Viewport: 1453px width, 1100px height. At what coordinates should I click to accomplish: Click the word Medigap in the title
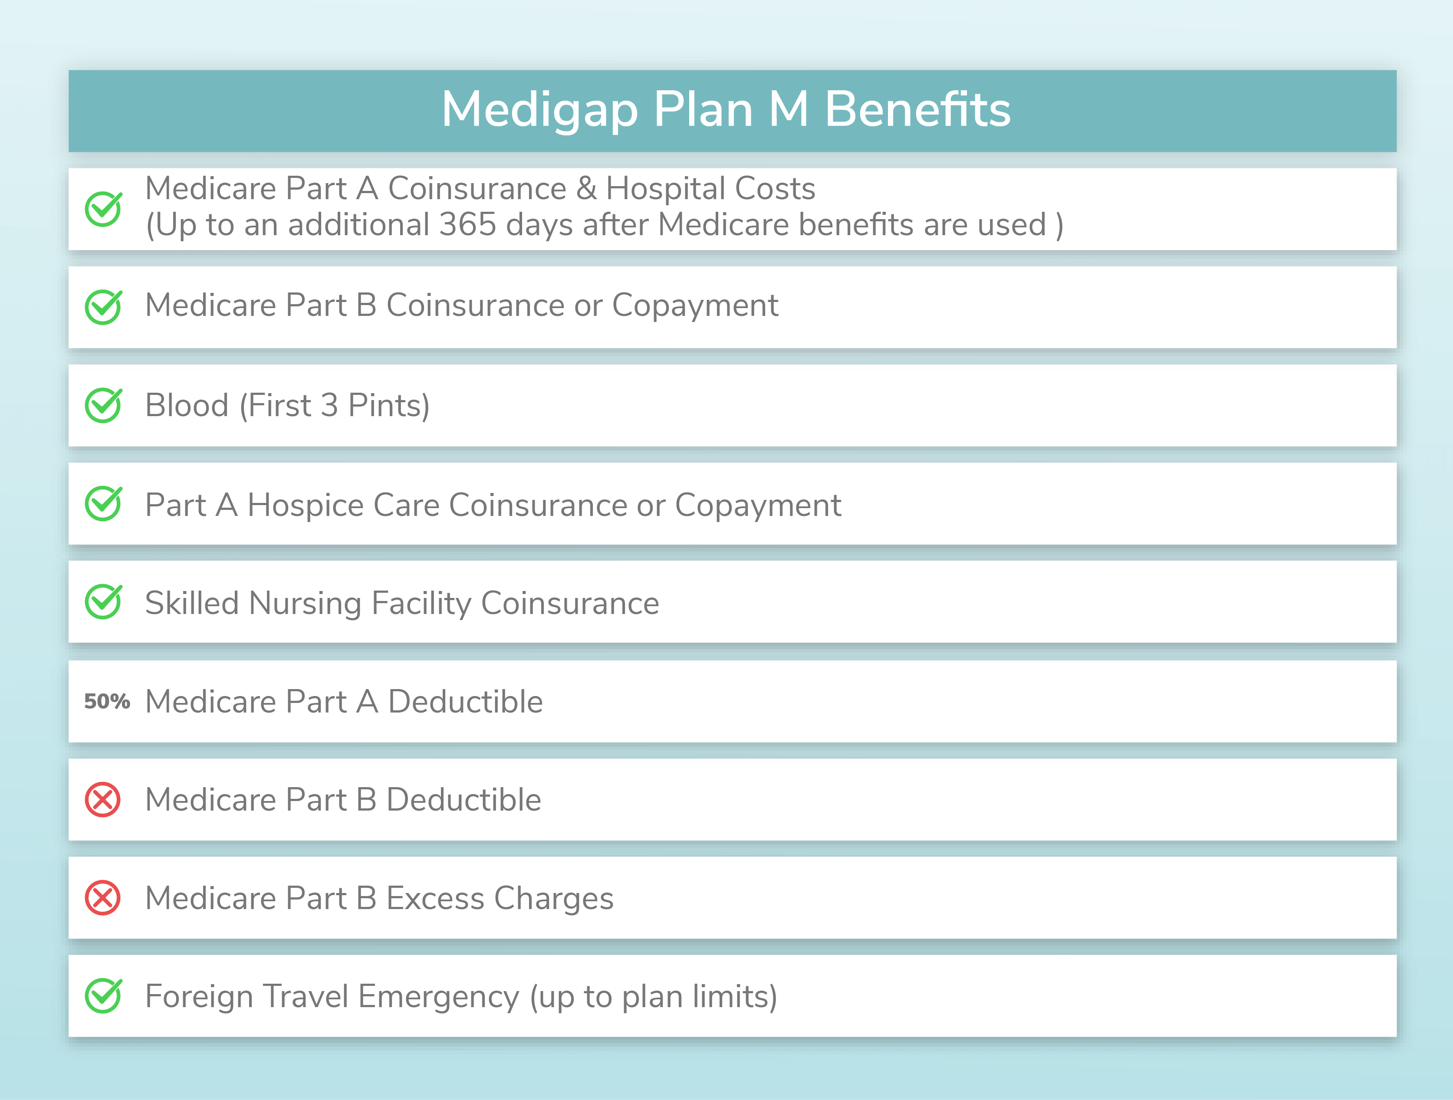[539, 110]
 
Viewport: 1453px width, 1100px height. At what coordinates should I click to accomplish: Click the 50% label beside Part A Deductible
[107, 701]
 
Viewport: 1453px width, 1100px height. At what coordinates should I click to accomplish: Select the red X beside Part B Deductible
[102, 800]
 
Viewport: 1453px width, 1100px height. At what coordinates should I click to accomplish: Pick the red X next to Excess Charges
[102, 898]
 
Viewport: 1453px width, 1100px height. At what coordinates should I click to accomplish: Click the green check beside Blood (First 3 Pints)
[103, 405]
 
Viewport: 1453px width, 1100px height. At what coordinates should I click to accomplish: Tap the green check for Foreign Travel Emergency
[103, 995]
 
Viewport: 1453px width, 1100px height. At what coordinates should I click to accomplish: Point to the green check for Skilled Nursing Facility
[103, 601]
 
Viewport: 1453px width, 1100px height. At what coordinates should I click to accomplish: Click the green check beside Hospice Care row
[103, 504]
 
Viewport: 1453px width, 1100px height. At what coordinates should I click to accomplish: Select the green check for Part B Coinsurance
[103, 307]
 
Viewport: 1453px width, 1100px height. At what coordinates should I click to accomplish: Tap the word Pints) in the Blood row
[389, 405]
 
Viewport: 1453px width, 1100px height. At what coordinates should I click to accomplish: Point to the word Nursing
[306, 604]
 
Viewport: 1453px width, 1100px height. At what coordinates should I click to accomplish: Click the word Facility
[421, 604]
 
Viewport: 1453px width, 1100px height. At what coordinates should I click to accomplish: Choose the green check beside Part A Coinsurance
[103, 209]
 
